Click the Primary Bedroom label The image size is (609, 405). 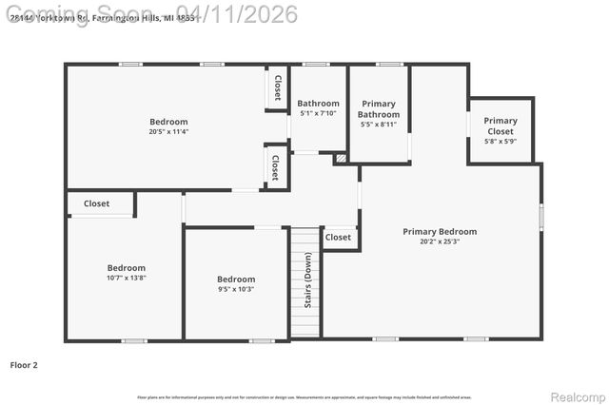pyautogui.click(x=440, y=231)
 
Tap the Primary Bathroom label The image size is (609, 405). pyautogui.click(x=379, y=109)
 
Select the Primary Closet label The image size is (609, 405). pyautogui.click(x=501, y=126)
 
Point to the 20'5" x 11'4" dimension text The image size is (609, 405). pyautogui.click(x=168, y=132)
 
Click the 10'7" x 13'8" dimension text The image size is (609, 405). pyautogui.click(x=126, y=279)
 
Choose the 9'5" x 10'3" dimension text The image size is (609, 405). pyautogui.click(x=236, y=289)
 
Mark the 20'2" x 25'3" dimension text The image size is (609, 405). pyautogui.click(x=440, y=241)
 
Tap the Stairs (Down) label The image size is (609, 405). pyautogui.click(x=307, y=280)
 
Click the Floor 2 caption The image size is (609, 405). pyautogui.click(x=24, y=364)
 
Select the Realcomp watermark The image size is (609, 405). pyautogui.click(x=579, y=396)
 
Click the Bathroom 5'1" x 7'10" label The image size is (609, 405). pyautogui.click(x=318, y=108)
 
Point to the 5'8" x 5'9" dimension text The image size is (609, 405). pyautogui.click(x=501, y=142)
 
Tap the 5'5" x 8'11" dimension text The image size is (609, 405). pyautogui.click(x=379, y=125)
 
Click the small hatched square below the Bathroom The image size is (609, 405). pyautogui.click(x=341, y=160)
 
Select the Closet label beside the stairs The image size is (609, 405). pyautogui.click(x=338, y=237)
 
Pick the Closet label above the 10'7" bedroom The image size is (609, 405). pyautogui.click(x=96, y=203)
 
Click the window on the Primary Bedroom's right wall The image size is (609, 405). pyautogui.click(x=540, y=216)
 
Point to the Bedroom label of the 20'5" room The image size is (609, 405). pyautogui.click(x=168, y=122)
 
